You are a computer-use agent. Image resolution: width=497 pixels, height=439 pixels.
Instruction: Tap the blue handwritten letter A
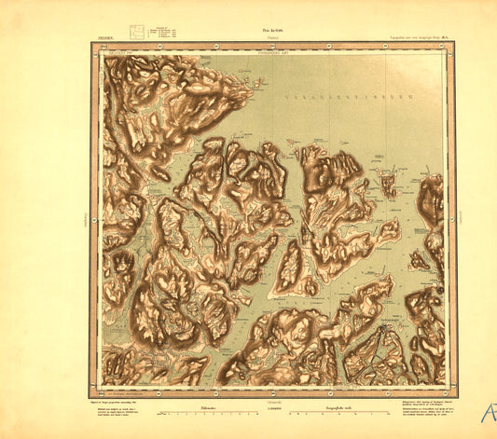tap(486, 412)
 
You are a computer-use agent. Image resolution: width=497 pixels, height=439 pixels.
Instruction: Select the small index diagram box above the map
tap(136, 32)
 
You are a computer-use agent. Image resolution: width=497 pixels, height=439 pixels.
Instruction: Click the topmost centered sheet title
tap(246, 30)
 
